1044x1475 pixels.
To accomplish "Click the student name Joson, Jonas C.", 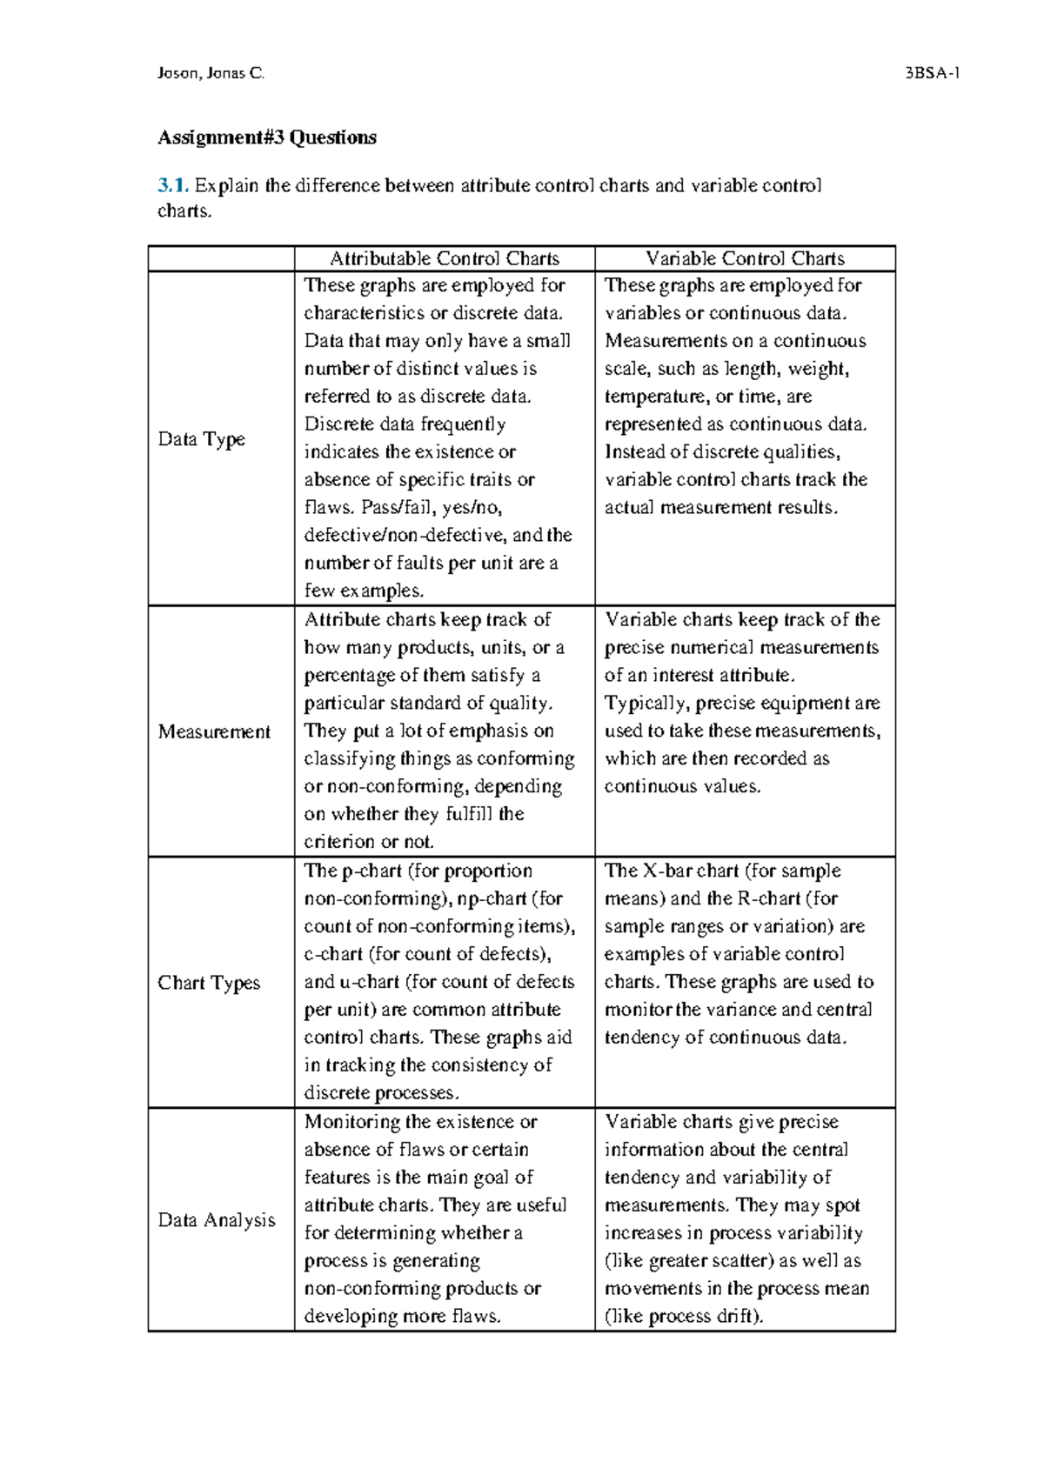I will (x=211, y=74).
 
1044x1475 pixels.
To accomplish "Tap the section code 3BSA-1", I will (x=932, y=74).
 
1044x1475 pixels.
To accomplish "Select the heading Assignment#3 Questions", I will (x=266, y=137).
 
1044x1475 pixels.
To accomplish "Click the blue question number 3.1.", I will (x=172, y=185).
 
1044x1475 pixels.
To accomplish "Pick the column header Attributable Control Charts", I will (x=445, y=258).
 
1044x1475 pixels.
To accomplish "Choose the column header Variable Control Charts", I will (x=745, y=258).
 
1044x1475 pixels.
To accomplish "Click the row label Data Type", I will (x=201, y=439).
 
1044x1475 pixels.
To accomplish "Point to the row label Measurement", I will (x=214, y=731).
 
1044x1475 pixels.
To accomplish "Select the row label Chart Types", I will (x=209, y=983).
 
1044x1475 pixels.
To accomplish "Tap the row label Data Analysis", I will (x=217, y=1220).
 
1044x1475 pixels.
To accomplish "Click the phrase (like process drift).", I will (x=684, y=1316).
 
